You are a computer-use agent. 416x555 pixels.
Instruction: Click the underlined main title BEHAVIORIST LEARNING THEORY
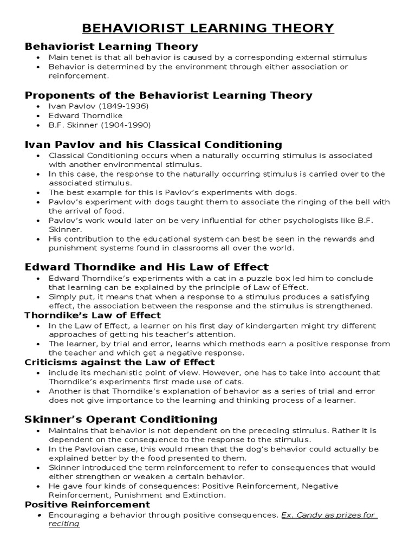click(x=208, y=28)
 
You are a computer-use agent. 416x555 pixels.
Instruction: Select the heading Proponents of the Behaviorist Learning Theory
click(x=168, y=95)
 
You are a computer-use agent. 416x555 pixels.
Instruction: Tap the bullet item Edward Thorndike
click(x=86, y=115)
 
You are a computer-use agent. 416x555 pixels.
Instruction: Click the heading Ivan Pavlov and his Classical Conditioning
click(x=153, y=145)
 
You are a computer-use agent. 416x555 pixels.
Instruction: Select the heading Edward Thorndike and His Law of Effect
click(x=147, y=267)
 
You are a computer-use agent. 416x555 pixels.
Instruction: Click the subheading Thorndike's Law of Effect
click(x=93, y=315)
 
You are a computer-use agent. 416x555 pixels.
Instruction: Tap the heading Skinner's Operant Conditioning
click(x=121, y=420)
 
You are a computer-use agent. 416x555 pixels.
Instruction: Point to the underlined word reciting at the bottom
click(x=64, y=524)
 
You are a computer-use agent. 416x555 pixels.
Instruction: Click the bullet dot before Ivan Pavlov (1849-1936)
click(x=37, y=107)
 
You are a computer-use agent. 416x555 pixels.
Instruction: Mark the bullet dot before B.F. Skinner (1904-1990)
click(x=37, y=125)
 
